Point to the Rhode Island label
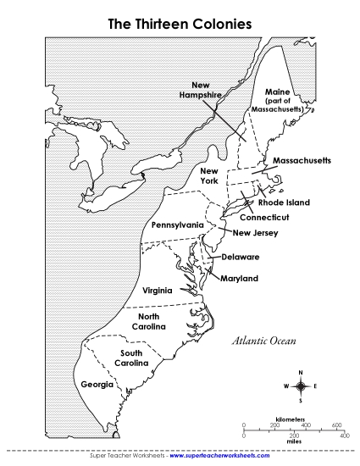pyautogui.click(x=284, y=202)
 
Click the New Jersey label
pyautogui.click(x=255, y=233)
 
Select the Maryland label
pyautogui.click(x=239, y=278)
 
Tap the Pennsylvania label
pyautogui.click(x=177, y=225)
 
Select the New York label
pyautogui.click(x=209, y=176)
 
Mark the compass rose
pyautogui.click(x=300, y=386)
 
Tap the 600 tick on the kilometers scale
pyautogui.click(x=336, y=424)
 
